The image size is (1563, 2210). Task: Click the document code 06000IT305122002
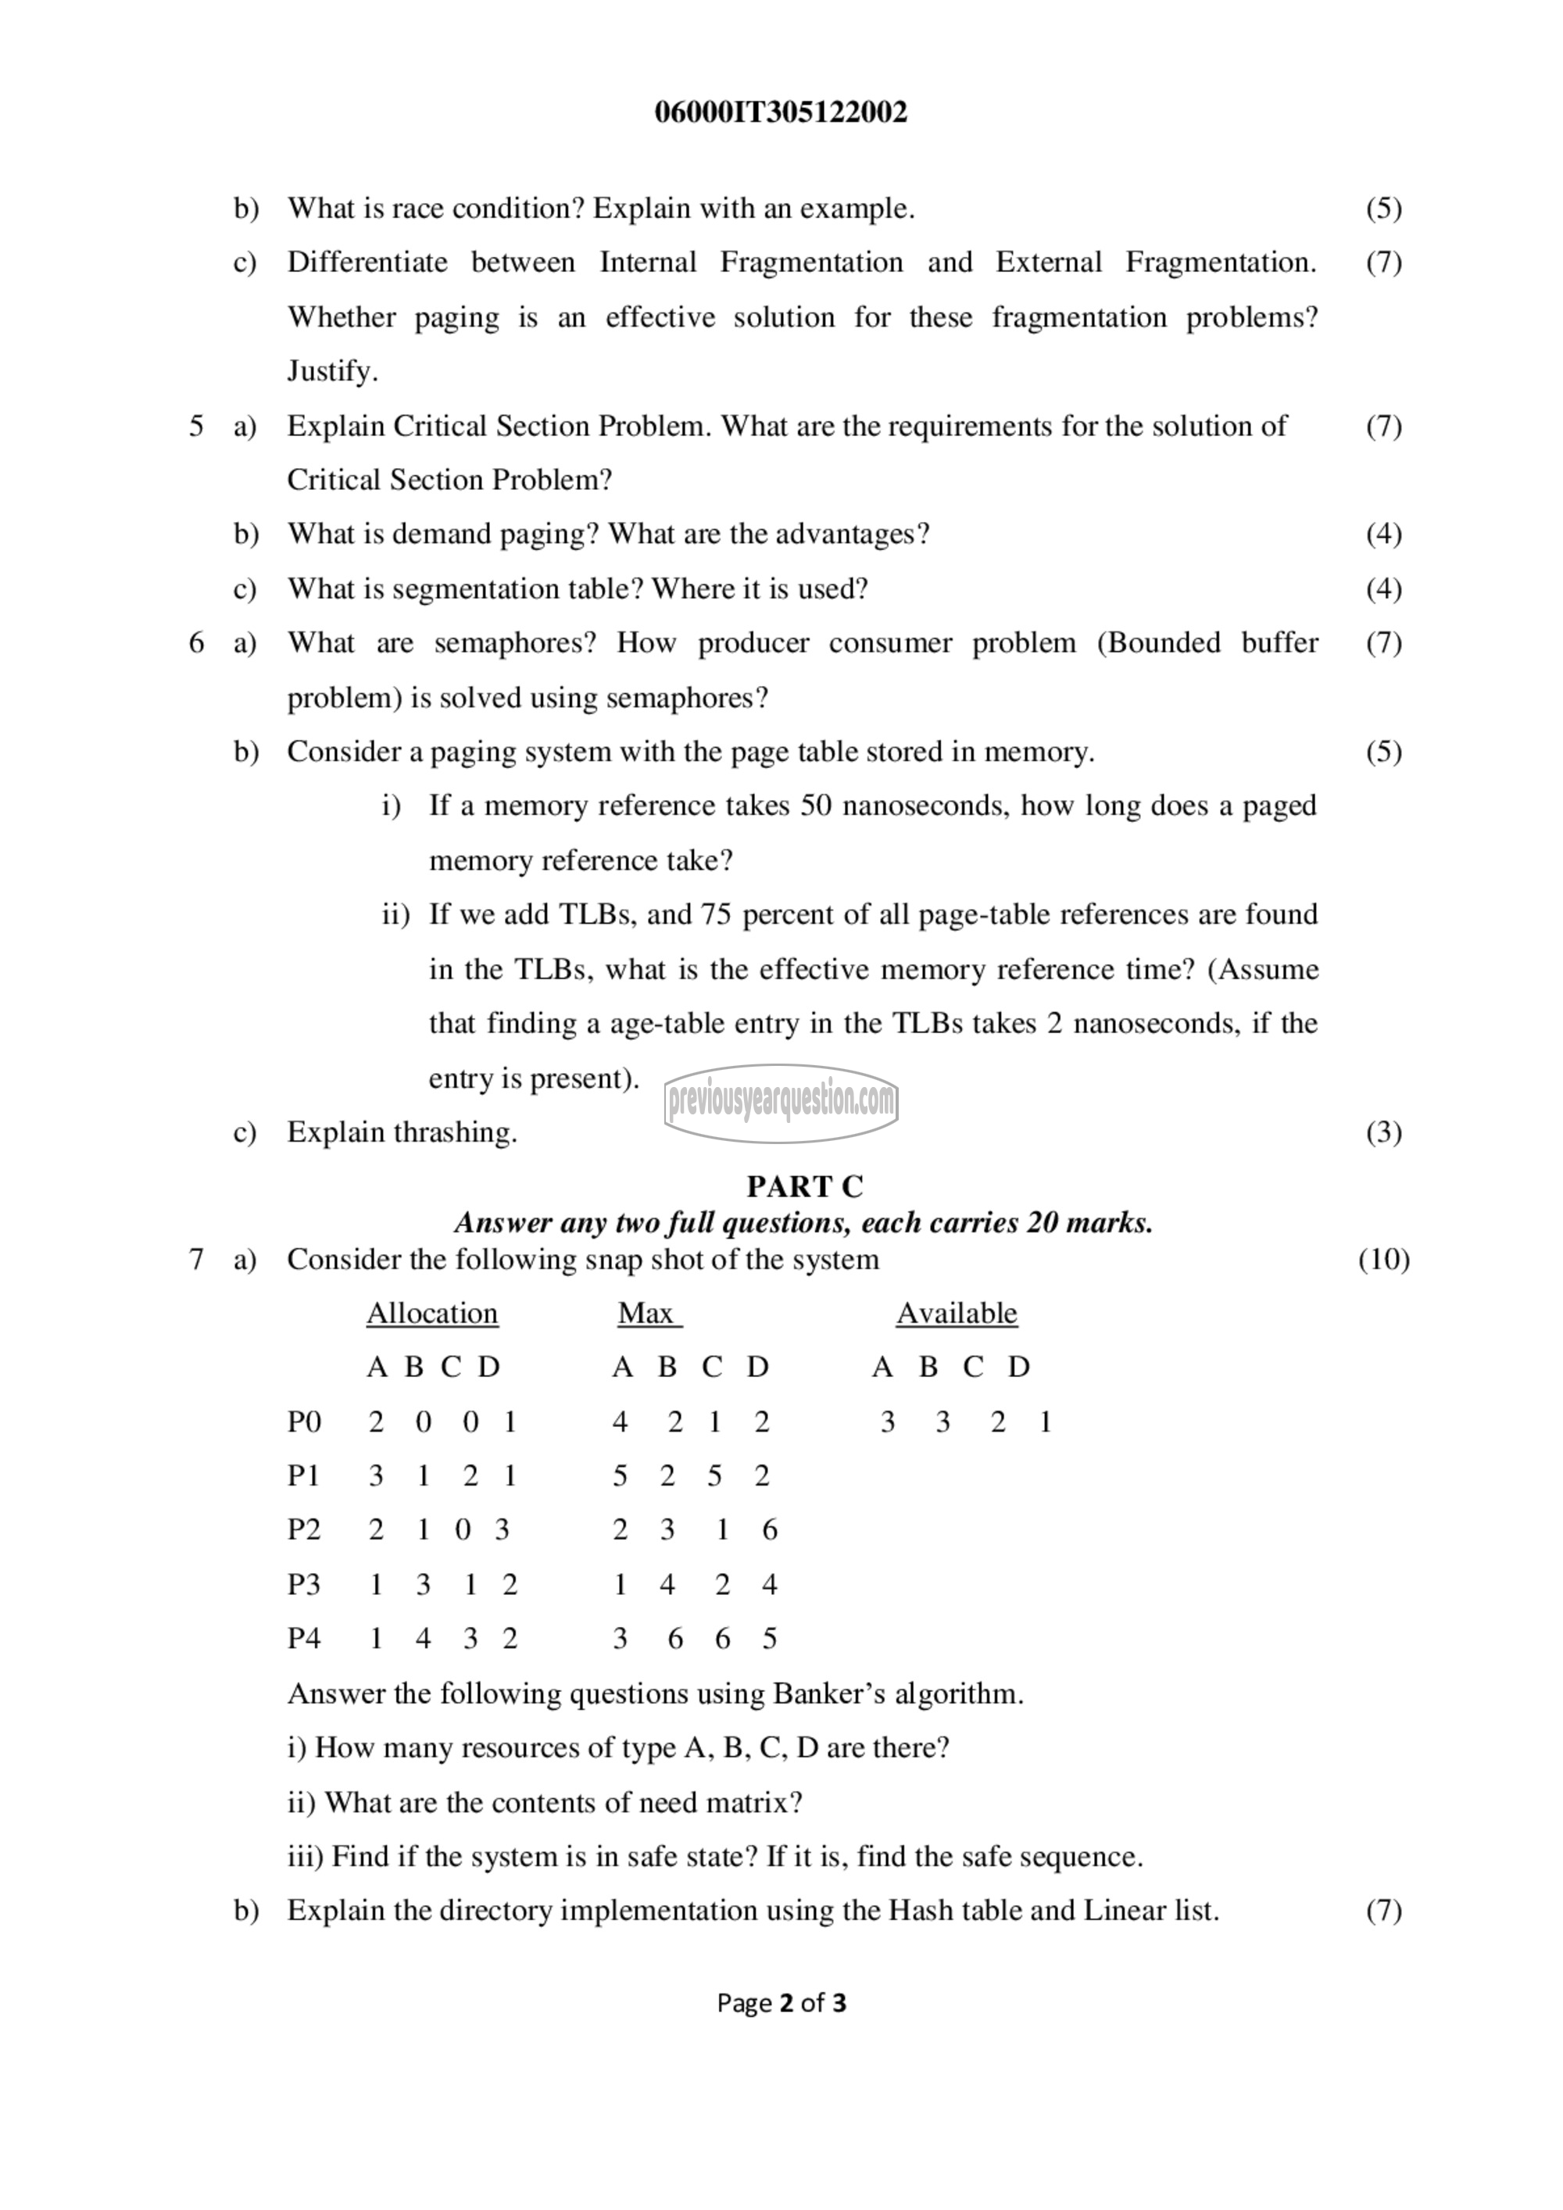[781, 113]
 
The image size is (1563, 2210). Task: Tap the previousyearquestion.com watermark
[781, 1102]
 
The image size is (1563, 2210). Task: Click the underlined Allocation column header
[432, 1314]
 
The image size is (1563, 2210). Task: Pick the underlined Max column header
[649, 1314]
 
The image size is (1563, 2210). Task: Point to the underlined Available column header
[957, 1314]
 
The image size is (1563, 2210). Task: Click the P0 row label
[304, 1421]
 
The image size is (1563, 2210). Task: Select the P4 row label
[304, 1638]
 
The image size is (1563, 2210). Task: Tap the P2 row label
[304, 1529]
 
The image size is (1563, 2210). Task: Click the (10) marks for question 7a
[1383, 1260]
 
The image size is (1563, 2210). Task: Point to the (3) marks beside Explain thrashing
[1383, 1132]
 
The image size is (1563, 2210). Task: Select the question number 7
[196, 1260]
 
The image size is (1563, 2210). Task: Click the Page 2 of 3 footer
[781, 2003]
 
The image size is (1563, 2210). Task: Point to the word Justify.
[332, 371]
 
